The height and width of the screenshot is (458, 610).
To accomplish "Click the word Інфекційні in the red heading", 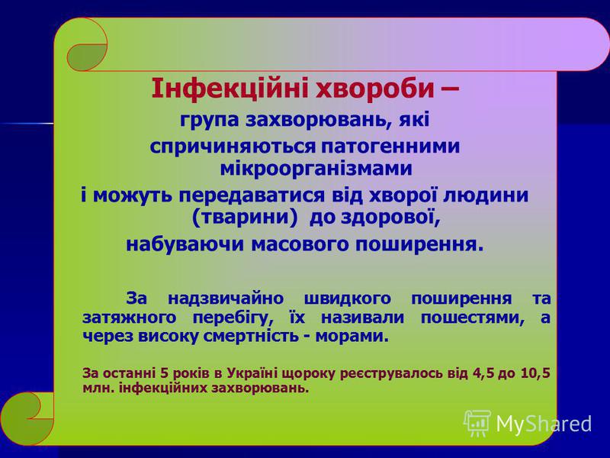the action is (x=230, y=89).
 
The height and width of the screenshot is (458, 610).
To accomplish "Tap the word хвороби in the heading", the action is (x=376, y=89).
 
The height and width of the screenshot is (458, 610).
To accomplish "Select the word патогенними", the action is (x=390, y=147).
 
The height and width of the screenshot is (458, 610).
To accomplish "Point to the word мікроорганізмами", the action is (x=316, y=169).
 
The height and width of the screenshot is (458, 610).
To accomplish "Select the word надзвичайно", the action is (x=225, y=298).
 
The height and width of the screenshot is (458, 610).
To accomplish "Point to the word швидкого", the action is (x=347, y=298).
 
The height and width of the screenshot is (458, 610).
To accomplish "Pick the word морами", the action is (x=352, y=336).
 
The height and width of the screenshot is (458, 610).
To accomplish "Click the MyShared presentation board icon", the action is (x=478, y=424).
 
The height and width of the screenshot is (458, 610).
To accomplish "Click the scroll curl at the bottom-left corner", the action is (x=27, y=418).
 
